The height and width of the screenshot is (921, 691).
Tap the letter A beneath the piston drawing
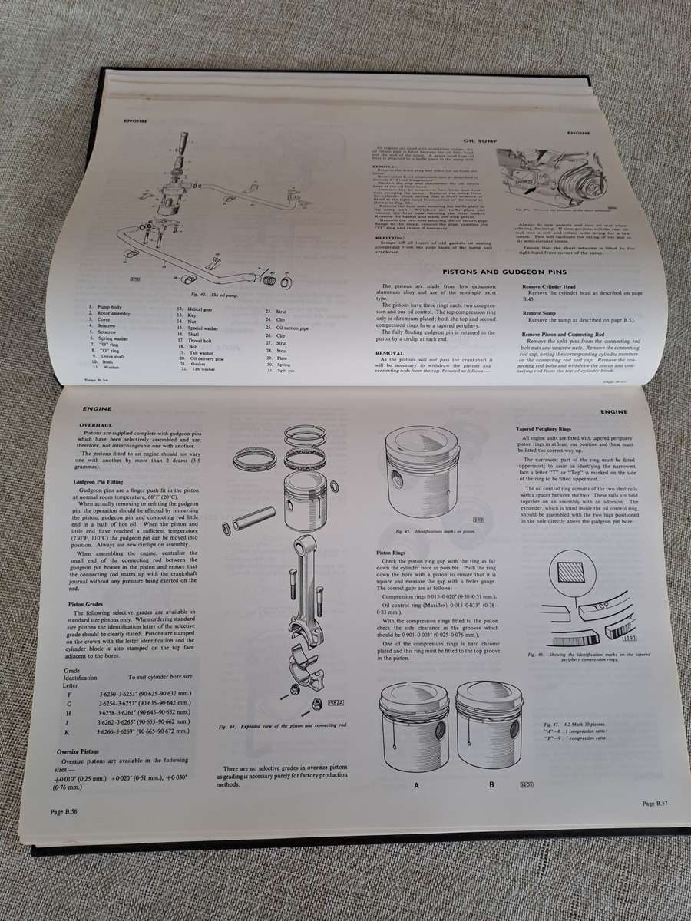coord(416,785)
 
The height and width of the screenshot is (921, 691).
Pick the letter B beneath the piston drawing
coord(491,784)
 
